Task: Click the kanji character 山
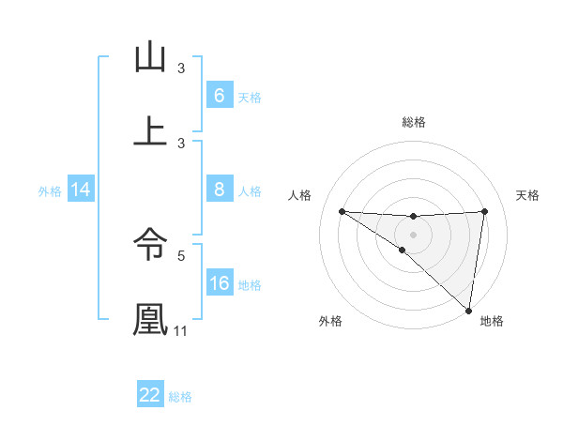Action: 150,58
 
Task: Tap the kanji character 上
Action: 150,131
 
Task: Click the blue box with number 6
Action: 219,96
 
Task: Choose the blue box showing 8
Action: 219,190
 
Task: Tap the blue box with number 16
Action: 219,283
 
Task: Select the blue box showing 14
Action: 81,190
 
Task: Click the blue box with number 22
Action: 150,395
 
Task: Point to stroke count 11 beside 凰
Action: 181,331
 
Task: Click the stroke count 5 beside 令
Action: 182,253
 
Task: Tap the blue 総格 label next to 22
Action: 180,397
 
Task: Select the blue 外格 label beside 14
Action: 50,191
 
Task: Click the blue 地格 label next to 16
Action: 250,285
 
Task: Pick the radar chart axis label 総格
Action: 414,122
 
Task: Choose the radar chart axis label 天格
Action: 528,195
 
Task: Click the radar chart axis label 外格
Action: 330,322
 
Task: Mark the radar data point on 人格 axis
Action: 342,211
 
